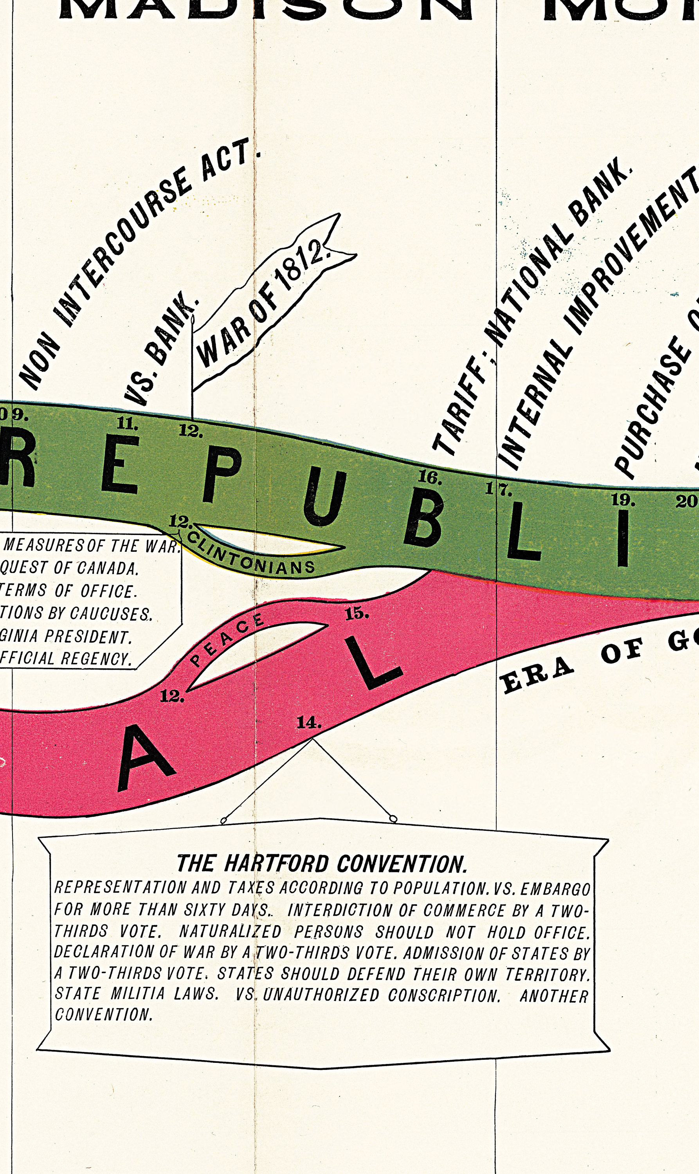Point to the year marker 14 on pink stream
click(309, 722)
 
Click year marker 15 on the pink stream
click(357, 613)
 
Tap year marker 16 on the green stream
click(430, 477)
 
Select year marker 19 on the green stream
click(623, 499)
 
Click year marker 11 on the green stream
click(127, 423)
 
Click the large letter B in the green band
click(423, 523)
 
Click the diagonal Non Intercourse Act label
click(137, 264)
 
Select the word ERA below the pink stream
click(537, 676)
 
